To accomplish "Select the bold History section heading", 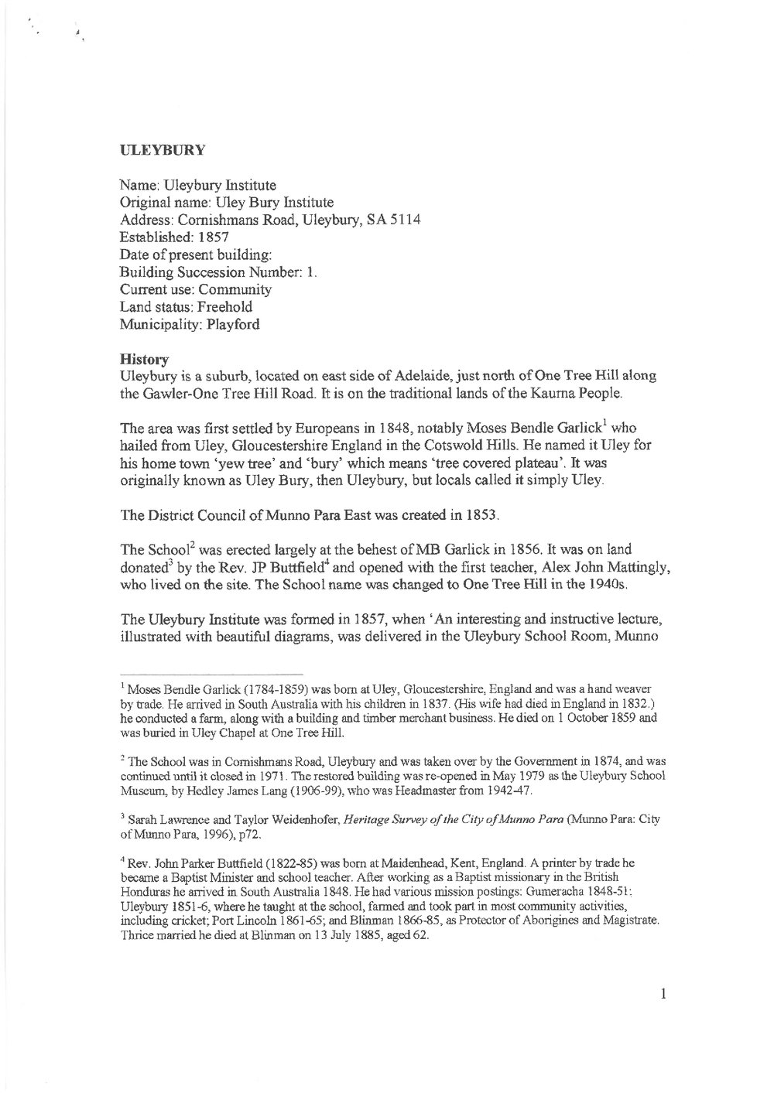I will [135, 359].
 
